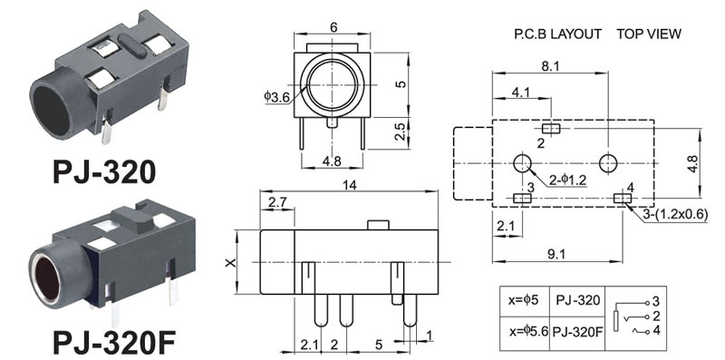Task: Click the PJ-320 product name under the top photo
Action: pos(104,172)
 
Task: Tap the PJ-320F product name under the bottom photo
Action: pos(114,342)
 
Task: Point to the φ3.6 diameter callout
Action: pos(277,97)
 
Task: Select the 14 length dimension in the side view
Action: pos(349,185)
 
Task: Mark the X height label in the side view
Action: pos(230,262)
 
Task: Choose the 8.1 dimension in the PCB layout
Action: pos(550,66)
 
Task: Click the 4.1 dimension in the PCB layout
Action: pos(521,92)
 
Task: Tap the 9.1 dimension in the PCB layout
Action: pos(556,254)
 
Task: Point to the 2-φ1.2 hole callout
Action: pos(567,180)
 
